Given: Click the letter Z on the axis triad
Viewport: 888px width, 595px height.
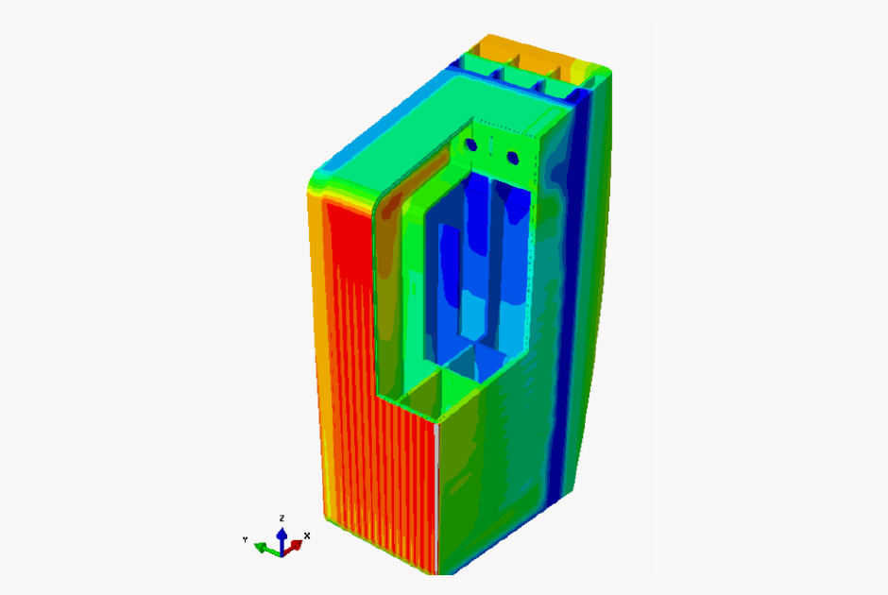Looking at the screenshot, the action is [282, 518].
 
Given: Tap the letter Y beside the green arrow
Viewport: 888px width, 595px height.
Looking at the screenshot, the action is [245, 539].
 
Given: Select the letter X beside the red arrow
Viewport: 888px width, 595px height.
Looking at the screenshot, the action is [307, 535].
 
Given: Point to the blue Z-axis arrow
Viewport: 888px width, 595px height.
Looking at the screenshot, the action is [282, 540].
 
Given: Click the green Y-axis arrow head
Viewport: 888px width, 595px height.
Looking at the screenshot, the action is [261, 547].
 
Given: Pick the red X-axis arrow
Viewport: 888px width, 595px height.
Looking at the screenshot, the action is [294, 547].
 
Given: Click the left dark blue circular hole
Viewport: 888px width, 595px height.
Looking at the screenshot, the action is [471, 144].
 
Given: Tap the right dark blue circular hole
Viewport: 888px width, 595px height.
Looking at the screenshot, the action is [513, 158].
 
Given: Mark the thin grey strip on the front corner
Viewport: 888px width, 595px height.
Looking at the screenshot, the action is [436, 498].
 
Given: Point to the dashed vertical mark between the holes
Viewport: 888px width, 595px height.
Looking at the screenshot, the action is [491, 144].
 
